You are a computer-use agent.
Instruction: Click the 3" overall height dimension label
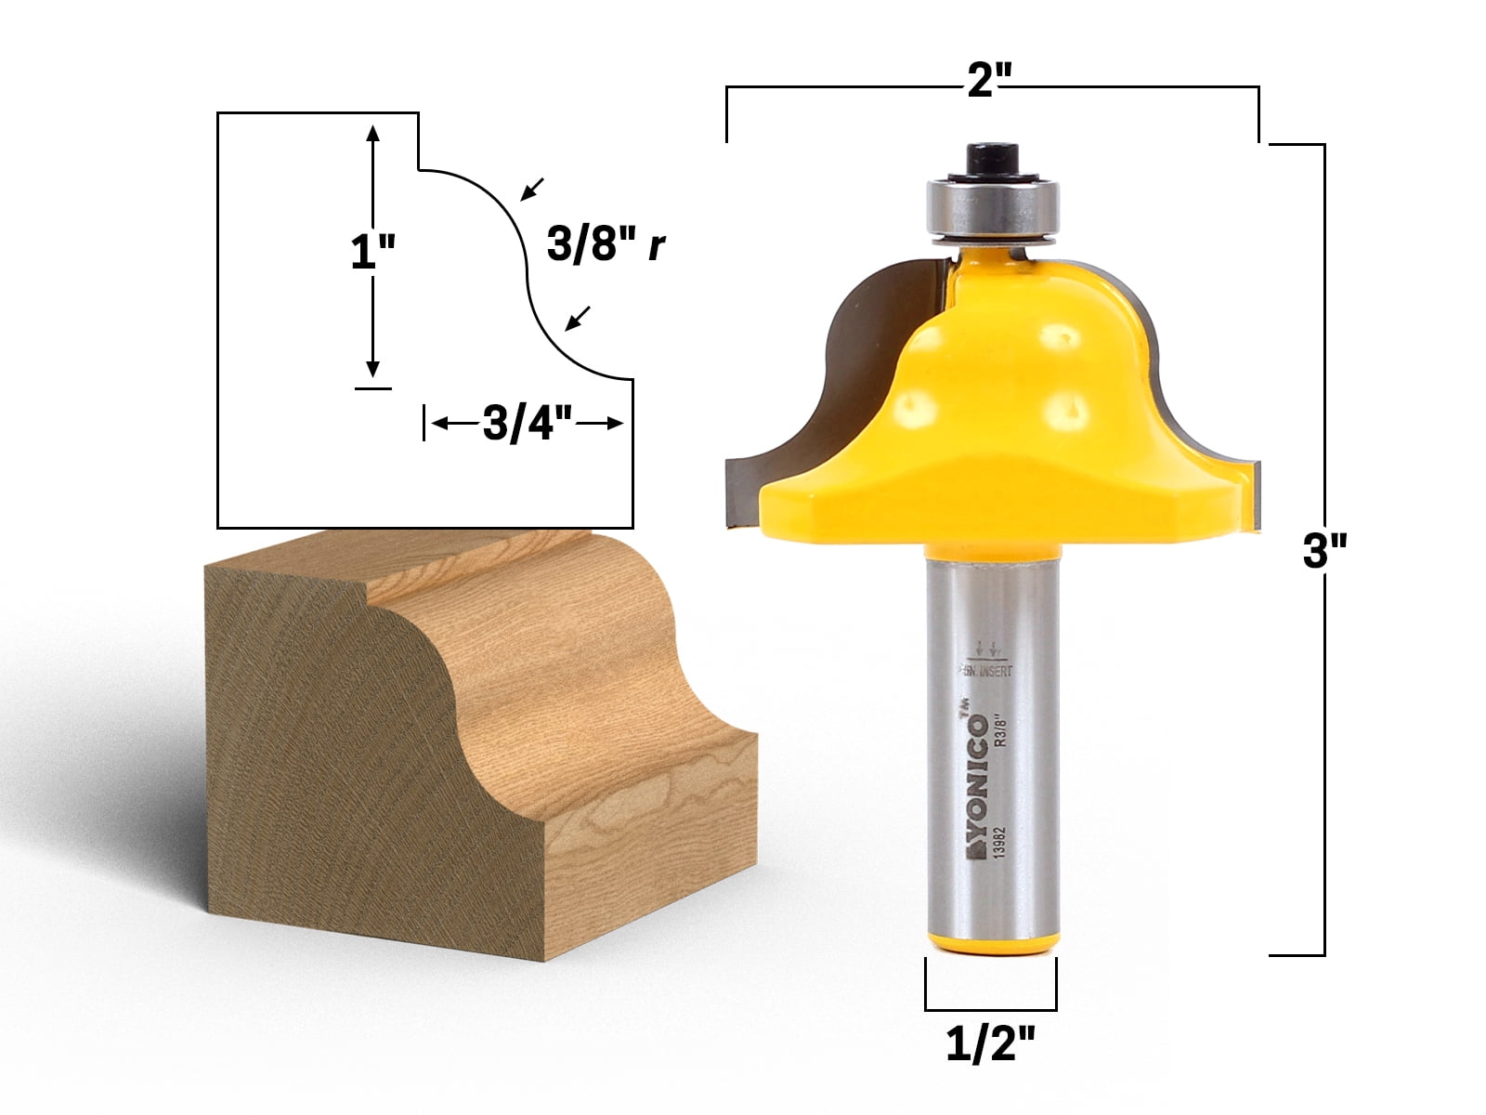click(1323, 555)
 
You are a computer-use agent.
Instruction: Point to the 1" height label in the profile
click(372, 251)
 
